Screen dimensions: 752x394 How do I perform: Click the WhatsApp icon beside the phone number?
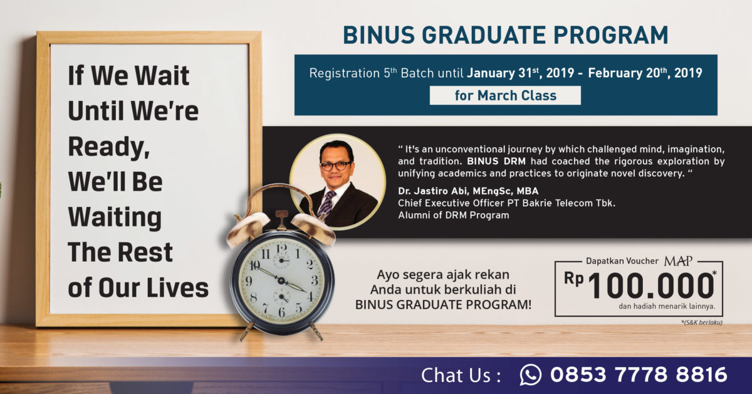tap(530, 375)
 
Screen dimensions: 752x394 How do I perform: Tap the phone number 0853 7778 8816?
tap(639, 375)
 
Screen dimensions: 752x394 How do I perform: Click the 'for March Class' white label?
tap(505, 95)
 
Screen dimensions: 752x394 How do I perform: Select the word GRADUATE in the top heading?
tap(483, 35)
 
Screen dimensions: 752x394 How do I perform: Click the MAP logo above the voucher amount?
tap(678, 261)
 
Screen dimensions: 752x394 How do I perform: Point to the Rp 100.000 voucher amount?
tap(640, 285)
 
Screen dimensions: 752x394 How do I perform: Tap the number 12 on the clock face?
tap(281, 248)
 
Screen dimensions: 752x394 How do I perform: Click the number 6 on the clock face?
tap(281, 312)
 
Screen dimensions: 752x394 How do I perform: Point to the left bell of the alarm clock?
tap(248, 228)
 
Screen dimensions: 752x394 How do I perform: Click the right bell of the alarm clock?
tap(313, 228)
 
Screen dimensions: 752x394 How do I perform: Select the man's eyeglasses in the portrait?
tap(336, 166)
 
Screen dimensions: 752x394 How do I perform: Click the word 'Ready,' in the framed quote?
tap(109, 147)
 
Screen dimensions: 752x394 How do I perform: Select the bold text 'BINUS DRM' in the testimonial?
tap(496, 161)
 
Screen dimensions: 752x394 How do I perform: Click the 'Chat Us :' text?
tap(461, 375)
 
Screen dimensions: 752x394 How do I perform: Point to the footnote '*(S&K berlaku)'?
tap(702, 322)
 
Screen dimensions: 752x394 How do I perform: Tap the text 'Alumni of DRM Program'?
tap(454, 215)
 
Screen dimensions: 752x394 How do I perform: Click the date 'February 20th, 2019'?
tap(645, 73)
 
